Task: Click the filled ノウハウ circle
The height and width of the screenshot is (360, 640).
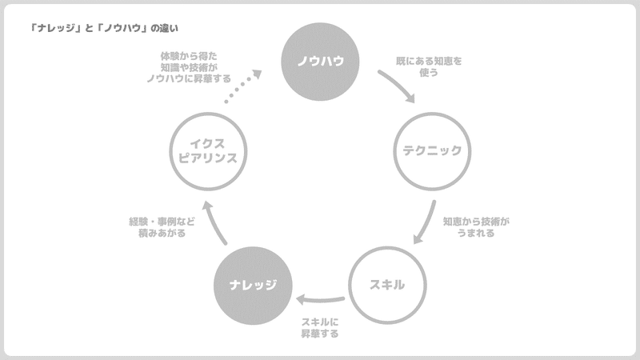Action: (x=315, y=61)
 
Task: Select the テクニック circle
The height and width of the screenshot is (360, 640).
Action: (x=432, y=150)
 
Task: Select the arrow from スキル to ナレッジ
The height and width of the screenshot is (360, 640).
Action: (x=320, y=300)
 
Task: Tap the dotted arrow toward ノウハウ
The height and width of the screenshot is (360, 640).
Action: (x=243, y=86)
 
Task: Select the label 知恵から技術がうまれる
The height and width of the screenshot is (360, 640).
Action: (x=475, y=227)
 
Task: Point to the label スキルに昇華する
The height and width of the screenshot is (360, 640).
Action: (x=320, y=328)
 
